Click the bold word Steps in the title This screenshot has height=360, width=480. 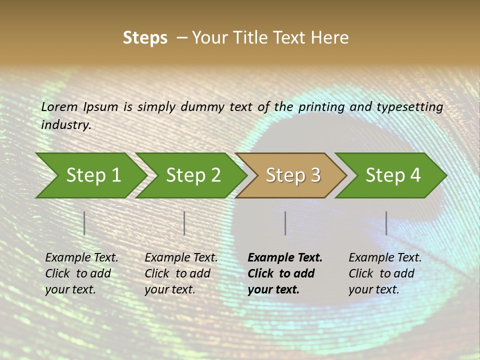click(x=145, y=38)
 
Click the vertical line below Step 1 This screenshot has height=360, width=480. click(x=84, y=223)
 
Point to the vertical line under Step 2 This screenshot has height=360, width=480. click(x=184, y=223)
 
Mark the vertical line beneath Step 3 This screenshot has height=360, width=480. click(x=285, y=223)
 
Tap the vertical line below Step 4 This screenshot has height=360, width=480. click(x=386, y=223)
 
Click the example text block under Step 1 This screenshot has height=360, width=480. click(x=81, y=273)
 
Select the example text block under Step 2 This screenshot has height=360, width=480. click(x=181, y=273)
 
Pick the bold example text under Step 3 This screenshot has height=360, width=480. click(x=285, y=273)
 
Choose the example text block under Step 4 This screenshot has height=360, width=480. click(x=385, y=273)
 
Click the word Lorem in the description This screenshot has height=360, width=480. click(x=59, y=107)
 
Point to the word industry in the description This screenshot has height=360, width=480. click(x=66, y=125)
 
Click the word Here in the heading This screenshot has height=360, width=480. click(x=331, y=38)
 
